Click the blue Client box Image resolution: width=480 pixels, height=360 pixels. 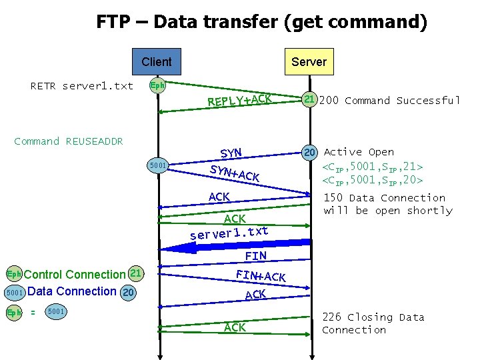tap(157, 62)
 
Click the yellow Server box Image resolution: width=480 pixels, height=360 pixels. tap(309, 62)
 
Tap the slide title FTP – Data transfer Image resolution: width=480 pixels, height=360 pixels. tap(261, 22)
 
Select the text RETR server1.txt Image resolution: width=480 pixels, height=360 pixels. tap(82, 86)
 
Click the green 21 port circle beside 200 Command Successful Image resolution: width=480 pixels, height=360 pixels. tap(309, 100)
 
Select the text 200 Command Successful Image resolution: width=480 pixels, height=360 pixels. tap(390, 101)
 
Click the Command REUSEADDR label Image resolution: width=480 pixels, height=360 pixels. tap(69, 141)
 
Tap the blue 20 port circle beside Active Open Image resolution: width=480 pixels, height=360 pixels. tap(309, 152)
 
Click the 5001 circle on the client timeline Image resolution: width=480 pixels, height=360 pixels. tap(157, 165)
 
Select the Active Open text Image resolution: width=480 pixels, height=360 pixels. tap(359, 152)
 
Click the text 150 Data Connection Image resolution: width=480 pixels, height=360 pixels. tap(385, 198)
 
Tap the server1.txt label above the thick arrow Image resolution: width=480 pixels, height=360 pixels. tap(229, 233)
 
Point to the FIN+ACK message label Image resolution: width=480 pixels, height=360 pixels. tap(261, 273)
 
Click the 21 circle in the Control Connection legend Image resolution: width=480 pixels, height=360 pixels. tap(135, 273)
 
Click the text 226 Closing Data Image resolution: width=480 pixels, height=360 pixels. tap(373, 317)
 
